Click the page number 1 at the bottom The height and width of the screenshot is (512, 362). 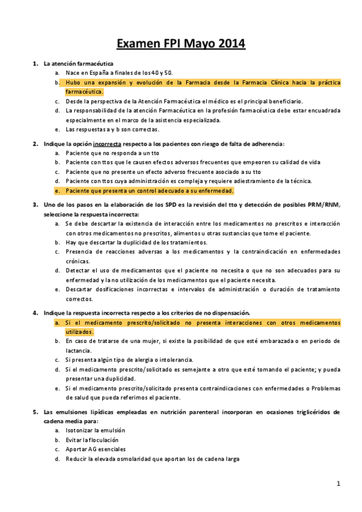coord(339,483)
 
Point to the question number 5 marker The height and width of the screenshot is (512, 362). coord(34,412)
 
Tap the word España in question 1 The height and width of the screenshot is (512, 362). coord(101,72)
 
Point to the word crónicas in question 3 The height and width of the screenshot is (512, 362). coord(78,261)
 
